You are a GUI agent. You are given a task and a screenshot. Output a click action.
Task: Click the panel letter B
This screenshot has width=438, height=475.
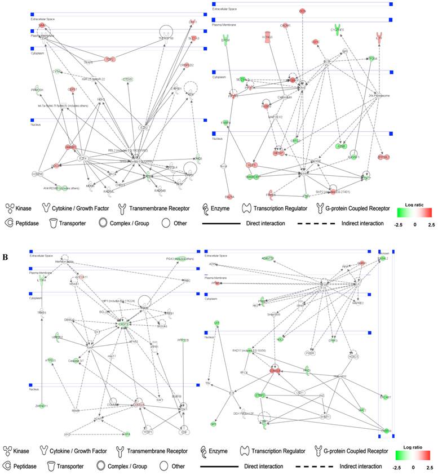tap(5, 241)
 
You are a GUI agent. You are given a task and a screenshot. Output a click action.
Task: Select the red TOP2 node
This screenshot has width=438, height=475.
tap(110, 59)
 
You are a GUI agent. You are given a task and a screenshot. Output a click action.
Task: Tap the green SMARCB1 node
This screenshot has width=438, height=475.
tap(253, 177)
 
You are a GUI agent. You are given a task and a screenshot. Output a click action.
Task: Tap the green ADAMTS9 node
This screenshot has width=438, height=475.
tap(268, 258)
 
